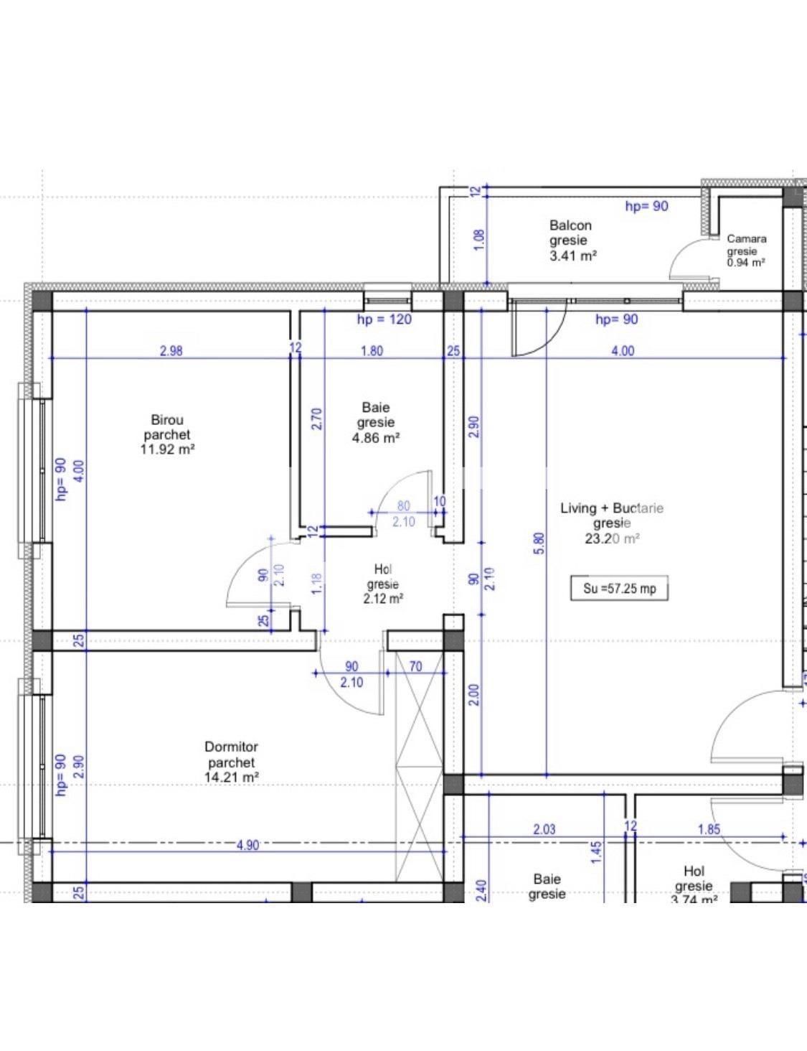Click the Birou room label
pyautogui.click(x=167, y=420)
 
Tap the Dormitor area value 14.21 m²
pyautogui.click(x=231, y=777)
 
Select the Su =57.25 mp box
pyautogui.click(x=619, y=589)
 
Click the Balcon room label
pyautogui.click(x=570, y=225)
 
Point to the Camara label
pyautogui.click(x=746, y=239)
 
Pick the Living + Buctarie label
pyautogui.click(x=611, y=508)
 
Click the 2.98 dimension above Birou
pyautogui.click(x=171, y=351)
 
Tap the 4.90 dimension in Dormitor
pyautogui.click(x=247, y=845)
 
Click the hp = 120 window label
pyautogui.click(x=384, y=319)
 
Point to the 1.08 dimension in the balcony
pyautogui.click(x=479, y=239)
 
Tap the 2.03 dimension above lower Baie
pyautogui.click(x=544, y=829)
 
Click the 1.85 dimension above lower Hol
pyautogui.click(x=709, y=829)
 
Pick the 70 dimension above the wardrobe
pyautogui.click(x=415, y=666)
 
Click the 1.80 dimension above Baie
pyautogui.click(x=372, y=351)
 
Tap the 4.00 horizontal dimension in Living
pyautogui.click(x=622, y=351)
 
